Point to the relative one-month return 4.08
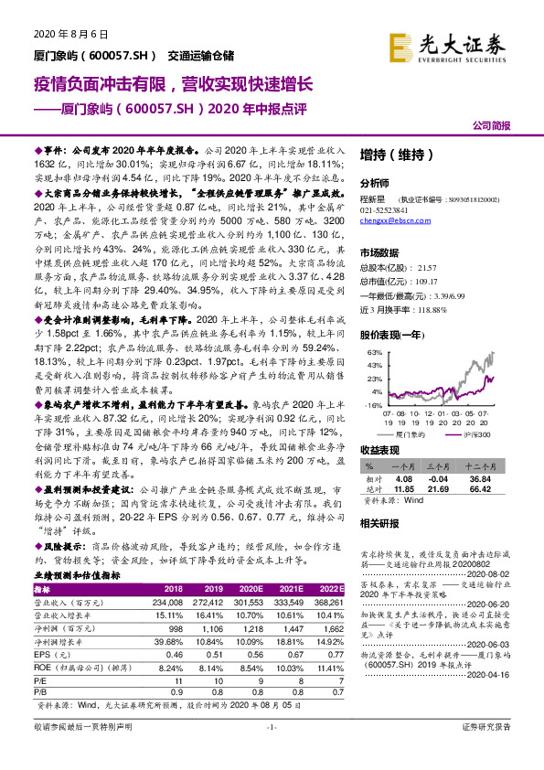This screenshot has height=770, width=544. [x=404, y=477]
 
